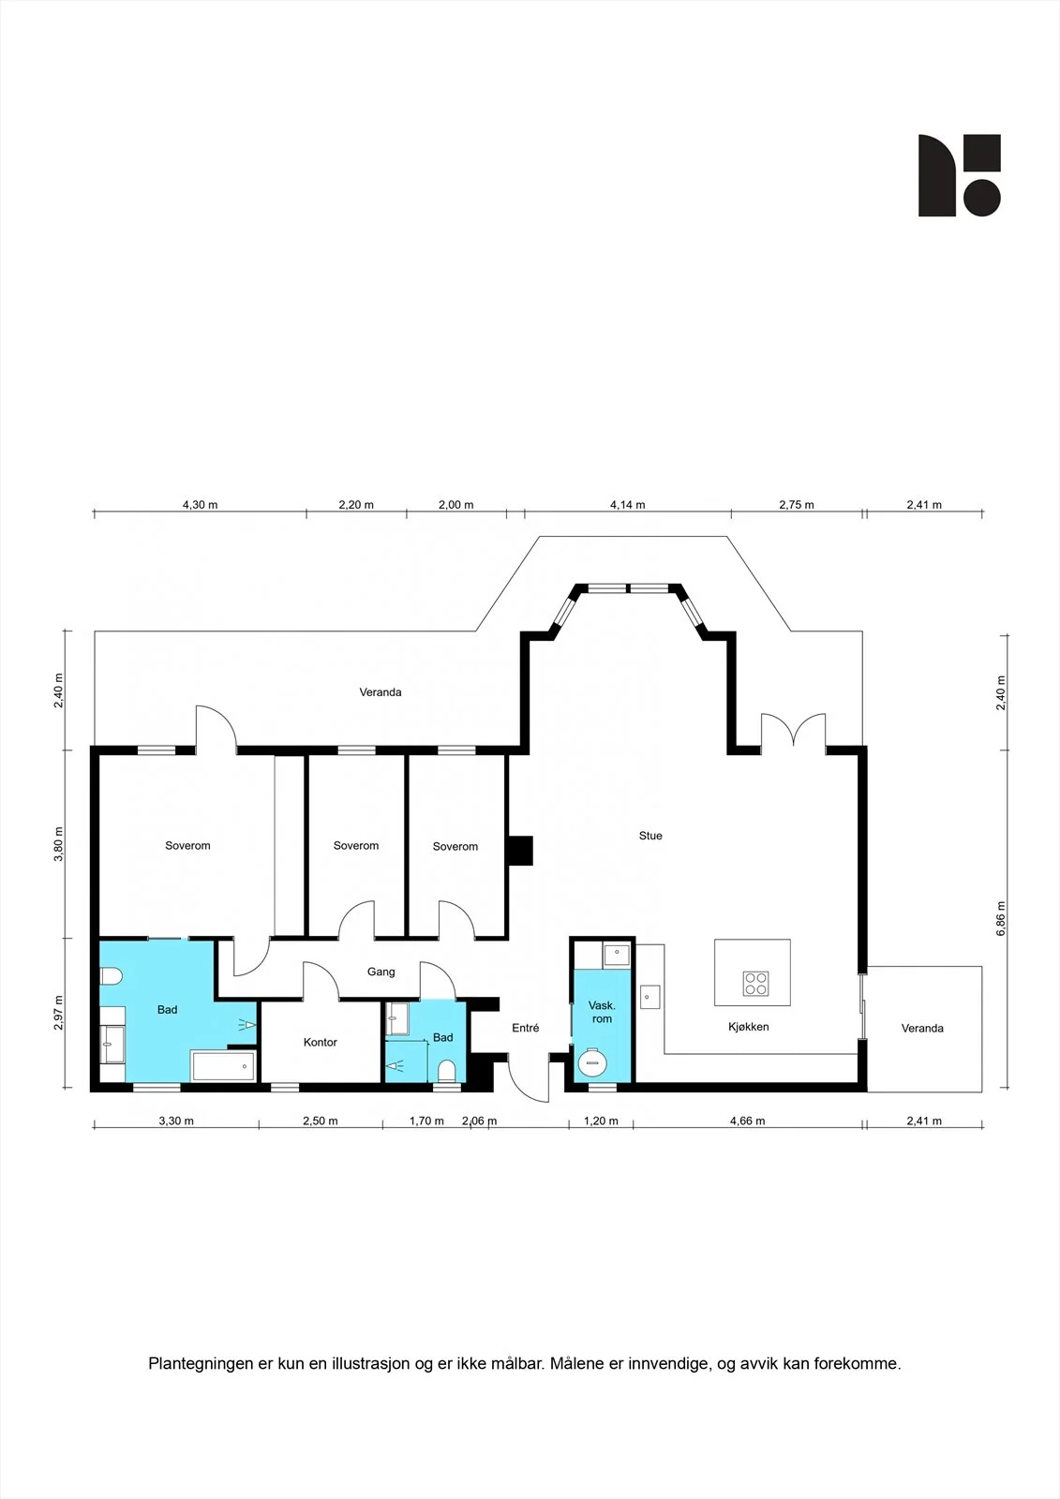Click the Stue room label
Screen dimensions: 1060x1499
tap(650, 836)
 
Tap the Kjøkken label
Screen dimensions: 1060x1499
tap(748, 1027)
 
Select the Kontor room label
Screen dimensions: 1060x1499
tap(321, 1042)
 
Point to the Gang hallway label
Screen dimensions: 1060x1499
tap(381, 972)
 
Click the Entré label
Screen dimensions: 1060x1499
tap(525, 1028)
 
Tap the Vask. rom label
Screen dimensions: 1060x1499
tap(602, 1012)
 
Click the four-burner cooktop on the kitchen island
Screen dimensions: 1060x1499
tap(756, 983)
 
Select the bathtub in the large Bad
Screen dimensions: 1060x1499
tap(223, 1065)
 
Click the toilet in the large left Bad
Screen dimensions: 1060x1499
tap(112, 976)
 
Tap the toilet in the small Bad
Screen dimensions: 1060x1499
tap(446, 1072)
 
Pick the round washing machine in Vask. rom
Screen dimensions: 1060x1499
tap(592, 1062)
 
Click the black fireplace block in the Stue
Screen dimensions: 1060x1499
tap(520, 850)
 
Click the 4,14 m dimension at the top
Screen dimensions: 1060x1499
tap(627, 505)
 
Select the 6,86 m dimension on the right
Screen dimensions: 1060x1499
tap(1001, 919)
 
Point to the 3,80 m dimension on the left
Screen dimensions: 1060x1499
tap(59, 844)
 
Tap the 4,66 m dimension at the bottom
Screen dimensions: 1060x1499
tap(747, 1121)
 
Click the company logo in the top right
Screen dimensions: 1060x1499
tap(960, 175)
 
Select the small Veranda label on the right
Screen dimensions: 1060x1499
tap(922, 1029)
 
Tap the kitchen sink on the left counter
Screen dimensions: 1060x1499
tap(649, 997)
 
